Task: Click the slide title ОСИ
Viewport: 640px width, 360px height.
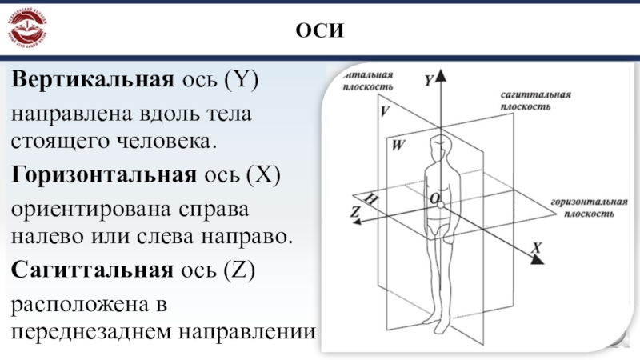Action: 319,32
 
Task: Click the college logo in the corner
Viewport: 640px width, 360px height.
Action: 29,29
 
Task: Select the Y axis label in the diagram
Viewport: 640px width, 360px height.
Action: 429,79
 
